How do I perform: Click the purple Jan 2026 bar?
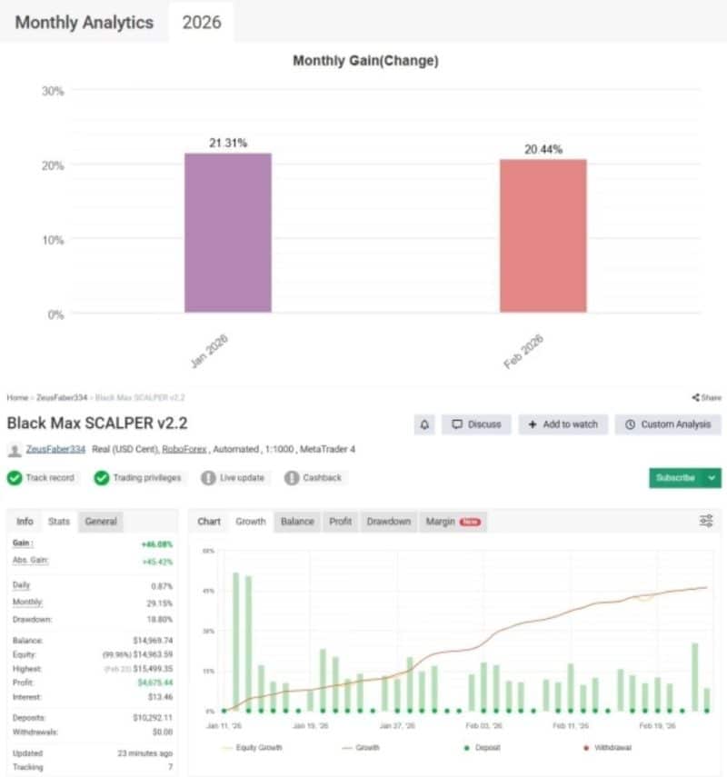click(227, 233)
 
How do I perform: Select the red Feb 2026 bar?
click(543, 236)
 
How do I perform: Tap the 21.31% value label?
click(227, 143)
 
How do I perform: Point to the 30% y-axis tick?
click(53, 91)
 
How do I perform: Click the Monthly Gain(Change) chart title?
click(365, 61)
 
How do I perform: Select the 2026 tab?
click(202, 23)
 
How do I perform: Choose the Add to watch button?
click(563, 424)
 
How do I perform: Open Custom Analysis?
click(668, 424)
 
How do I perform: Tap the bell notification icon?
click(424, 424)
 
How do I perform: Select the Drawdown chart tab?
click(388, 522)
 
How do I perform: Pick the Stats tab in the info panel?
click(59, 522)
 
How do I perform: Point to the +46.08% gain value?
click(156, 543)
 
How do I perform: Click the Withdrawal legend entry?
click(612, 747)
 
